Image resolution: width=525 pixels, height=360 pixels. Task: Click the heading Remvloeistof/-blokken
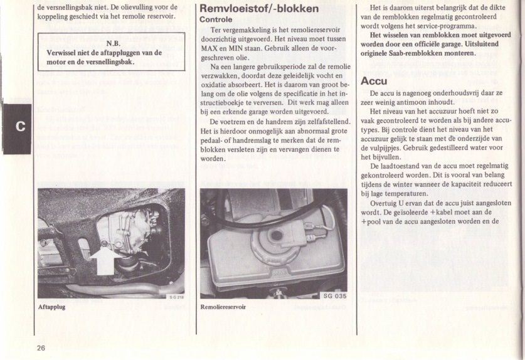click(258, 9)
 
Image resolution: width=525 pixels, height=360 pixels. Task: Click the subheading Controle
click(216, 19)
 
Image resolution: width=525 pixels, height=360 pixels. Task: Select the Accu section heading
click(374, 81)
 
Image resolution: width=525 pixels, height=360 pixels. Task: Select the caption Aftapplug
click(51, 307)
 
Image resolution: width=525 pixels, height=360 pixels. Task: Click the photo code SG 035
click(335, 296)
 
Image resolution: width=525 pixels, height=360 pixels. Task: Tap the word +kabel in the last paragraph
click(447, 212)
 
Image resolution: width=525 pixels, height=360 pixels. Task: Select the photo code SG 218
click(176, 297)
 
